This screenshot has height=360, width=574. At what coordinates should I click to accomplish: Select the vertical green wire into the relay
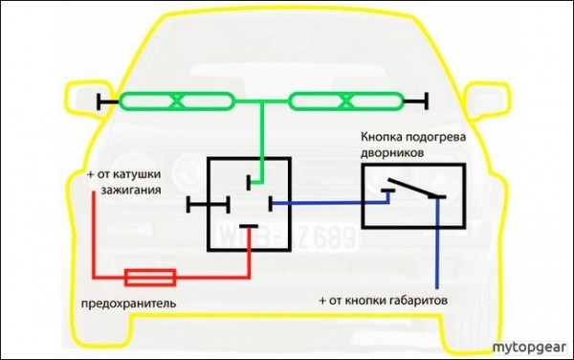pos(260,134)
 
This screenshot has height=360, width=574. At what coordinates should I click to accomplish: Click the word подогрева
pos(440,137)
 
